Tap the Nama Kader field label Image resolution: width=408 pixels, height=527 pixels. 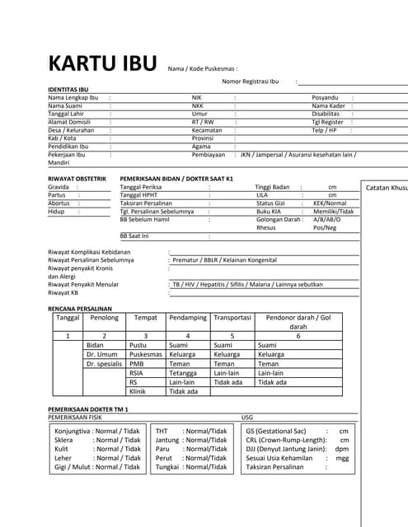coord(327,105)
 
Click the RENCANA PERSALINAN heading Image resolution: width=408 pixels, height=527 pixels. coord(80,307)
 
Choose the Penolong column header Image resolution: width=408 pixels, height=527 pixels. coord(105,317)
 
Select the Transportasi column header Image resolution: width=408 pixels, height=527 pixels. coord(232,317)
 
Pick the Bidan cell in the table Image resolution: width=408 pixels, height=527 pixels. coord(95,345)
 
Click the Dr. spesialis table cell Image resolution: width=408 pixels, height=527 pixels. coord(104,363)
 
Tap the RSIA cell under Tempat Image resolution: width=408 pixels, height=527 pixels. coord(137,373)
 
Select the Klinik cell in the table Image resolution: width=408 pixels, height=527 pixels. coord(138,391)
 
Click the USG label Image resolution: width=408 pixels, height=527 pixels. coord(247,417)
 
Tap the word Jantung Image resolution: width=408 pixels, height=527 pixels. coord(167,440)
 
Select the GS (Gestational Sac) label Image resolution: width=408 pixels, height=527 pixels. coord(277,431)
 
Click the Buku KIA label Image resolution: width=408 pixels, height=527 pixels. coord(270,211)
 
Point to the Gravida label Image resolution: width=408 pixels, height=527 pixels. coord(59,187)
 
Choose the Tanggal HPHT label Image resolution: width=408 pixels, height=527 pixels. coord(142,195)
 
